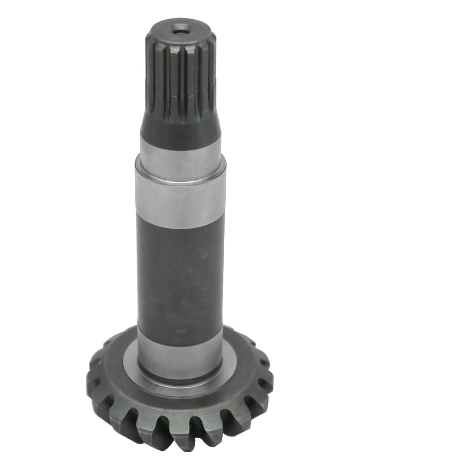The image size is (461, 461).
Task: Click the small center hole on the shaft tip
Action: pos(180,29)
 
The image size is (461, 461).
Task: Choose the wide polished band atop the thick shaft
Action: pos(180,203)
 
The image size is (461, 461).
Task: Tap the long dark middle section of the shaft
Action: pos(180,277)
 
